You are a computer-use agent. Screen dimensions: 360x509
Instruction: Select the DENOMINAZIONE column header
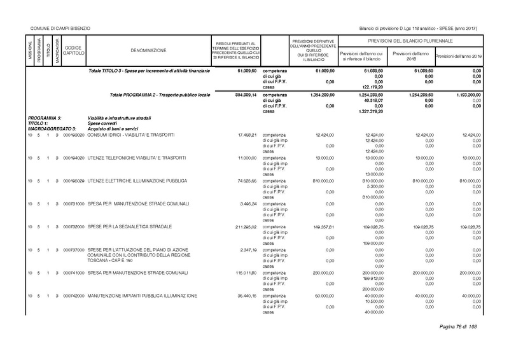(x=148, y=50)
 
